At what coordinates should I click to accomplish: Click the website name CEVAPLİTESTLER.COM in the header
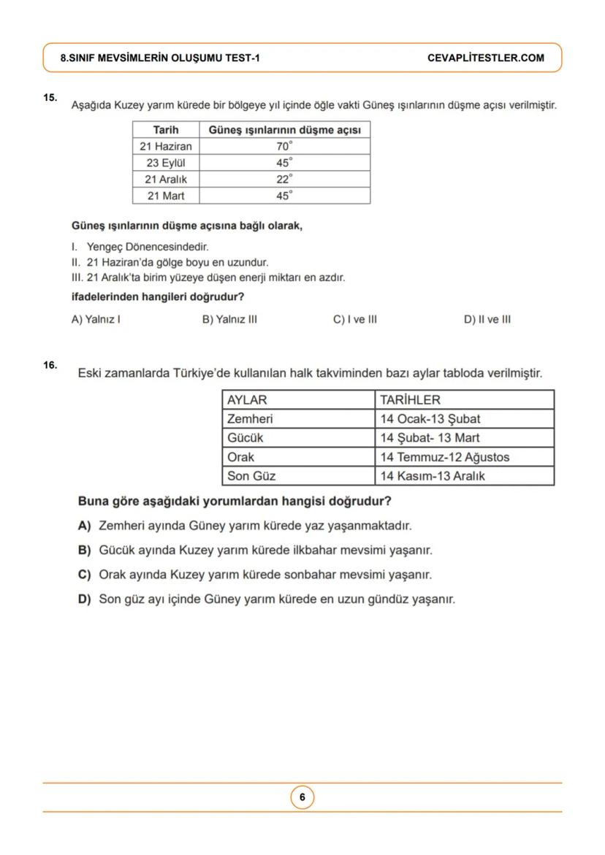pos(485,58)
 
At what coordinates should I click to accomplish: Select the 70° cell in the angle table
pos(284,146)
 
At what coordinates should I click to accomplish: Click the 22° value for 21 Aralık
pos(284,179)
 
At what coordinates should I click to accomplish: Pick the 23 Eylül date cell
pos(166,163)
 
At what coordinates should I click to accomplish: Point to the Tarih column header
pos(166,130)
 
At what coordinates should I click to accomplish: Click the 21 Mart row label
pos(166,196)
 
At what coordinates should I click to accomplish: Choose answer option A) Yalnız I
pos(96,319)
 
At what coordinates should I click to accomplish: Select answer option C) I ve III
pos(354,319)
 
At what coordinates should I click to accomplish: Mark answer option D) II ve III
pos(487,319)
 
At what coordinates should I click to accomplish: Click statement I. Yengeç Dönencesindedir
pos(135,248)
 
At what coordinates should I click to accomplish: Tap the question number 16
pos(50,365)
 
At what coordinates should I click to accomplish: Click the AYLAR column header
pos(247,400)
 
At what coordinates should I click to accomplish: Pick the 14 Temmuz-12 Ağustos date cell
pos(444,457)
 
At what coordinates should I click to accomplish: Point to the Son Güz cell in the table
pos(251,476)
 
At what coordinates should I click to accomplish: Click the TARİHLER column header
pos(410,400)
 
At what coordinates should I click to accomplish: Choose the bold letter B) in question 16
pos(84,550)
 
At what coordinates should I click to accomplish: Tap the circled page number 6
pos(302,797)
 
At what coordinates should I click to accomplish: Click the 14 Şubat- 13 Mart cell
pos(430,438)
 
